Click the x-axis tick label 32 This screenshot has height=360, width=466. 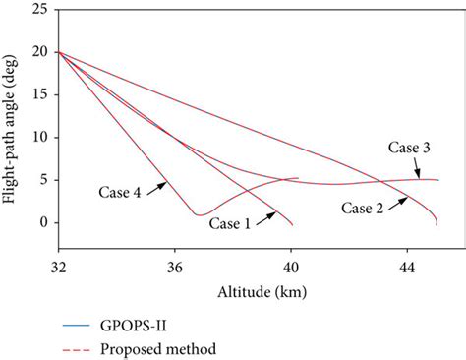point(59,266)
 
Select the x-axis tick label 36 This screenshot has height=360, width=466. point(175,266)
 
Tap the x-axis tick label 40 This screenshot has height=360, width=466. point(291,266)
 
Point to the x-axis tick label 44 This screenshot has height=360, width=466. point(407,266)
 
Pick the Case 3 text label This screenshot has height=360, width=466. point(408,147)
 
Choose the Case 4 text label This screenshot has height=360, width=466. point(122,193)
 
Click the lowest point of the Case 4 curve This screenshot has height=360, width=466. point(199,213)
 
